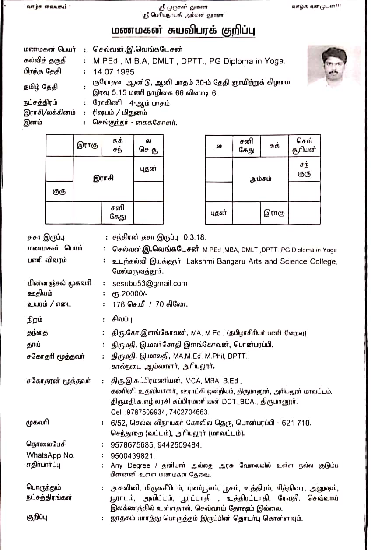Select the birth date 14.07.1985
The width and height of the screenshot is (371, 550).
coord(114,71)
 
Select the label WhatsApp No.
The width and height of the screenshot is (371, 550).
coord(50,455)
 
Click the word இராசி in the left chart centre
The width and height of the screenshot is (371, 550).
coord(103,178)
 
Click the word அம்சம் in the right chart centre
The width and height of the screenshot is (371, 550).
coord(260,179)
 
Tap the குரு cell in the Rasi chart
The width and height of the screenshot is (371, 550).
coord(59,191)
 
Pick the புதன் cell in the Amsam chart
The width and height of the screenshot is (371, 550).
coord(219,213)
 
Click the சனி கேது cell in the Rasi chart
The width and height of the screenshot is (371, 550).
coord(118,212)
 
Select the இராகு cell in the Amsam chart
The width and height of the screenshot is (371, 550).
coord(274,213)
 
